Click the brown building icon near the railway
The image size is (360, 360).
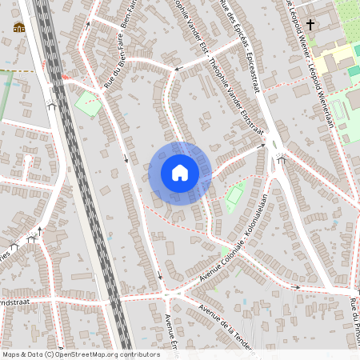pyautogui.click(x=18, y=29)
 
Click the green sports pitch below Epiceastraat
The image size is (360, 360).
pyautogui.click(x=235, y=193)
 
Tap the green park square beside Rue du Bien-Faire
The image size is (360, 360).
pyautogui.click(x=87, y=103)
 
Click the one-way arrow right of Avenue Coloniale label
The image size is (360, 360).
pyautogui.click(x=295, y=287)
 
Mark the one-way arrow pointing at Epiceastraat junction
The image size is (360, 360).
pyautogui.click(x=260, y=146)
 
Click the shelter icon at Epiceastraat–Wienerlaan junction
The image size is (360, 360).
pyautogui.click(x=281, y=159)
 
